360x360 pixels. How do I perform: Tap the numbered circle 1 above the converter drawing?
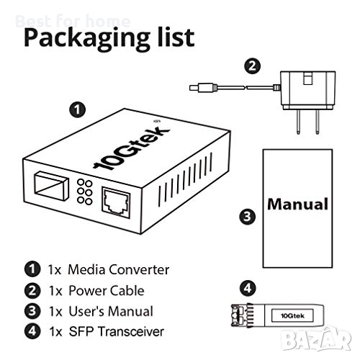[x=77, y=110]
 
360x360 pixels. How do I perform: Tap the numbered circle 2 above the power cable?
[x=252, y=66]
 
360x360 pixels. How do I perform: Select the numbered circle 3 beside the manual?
[x=247, y=217]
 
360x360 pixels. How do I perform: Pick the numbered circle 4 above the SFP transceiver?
[x=248, y=288]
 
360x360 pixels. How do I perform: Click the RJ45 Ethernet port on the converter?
[x=116, y=202]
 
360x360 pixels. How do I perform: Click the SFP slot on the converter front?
[x=51, y=184]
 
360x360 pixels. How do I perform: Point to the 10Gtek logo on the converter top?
[x=132, y=148]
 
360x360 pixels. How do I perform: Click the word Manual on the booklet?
[x=297, y=204]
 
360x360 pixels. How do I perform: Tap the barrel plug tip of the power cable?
[x=194, y=88]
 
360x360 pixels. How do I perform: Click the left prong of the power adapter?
[x=298, y=122]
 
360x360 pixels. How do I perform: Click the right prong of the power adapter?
[x=318, y=122]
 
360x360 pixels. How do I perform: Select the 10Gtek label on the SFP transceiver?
[x=292, y=315]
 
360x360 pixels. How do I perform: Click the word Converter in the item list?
[x=140, y=269]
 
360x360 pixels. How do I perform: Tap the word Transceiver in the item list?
[x=131, y=332]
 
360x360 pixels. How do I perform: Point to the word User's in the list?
[x=87, y=311]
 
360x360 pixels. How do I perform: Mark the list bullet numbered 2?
[x=32, y=291]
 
